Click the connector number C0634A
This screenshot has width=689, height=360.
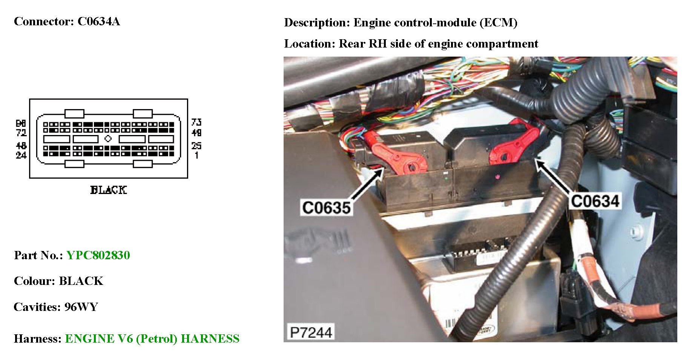click(x=99, y=22)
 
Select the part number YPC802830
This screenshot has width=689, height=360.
click(x=98, y=255)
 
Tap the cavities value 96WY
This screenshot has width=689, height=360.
click(x=81, y=307)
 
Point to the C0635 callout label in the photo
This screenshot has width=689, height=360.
click(x=326, y=208)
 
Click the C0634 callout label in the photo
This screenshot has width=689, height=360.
click(x=595, y=201)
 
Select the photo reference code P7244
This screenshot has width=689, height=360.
click(x=311, y=332)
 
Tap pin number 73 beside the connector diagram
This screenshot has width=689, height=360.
click(x=196, y=122)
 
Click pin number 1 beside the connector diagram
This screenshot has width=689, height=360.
click(x=196, y=155)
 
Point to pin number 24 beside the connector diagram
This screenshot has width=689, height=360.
click(x=21, y=155)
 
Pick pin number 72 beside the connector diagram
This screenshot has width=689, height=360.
click(x=21, y=132)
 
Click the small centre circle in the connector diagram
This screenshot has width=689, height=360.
click(x=108, y=138)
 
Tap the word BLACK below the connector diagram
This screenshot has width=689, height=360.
click(x=109, y=190)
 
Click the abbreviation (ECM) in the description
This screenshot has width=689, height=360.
click(x=498, y=23)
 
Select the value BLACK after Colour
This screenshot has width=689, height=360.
click(x=81, y=281)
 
